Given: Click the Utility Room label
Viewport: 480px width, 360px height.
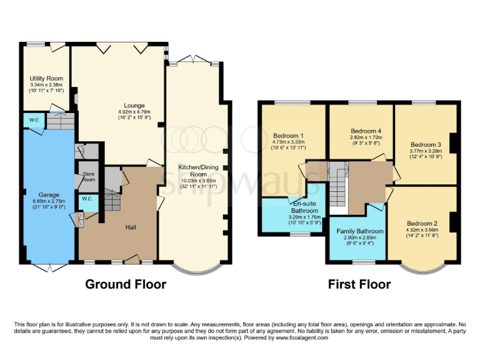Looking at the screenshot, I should pyautogui.click(x=46, y=79).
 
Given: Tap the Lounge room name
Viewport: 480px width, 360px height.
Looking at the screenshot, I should pyautogui.click(x=134, y=105).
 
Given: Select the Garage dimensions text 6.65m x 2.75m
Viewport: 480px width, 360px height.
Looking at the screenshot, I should pyautogui.click(x=46, y=201).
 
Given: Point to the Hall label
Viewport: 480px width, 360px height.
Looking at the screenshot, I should pyautogui.click(x=131, y=227).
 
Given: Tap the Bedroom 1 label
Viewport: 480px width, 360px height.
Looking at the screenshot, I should pyautogui.click(x=289, y=136).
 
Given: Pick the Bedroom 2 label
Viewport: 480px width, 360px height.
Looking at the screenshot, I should pyautogui.click(x=423, y=224).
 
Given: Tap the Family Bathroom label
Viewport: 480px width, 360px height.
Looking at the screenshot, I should pyautogui.click(x=354, y=231).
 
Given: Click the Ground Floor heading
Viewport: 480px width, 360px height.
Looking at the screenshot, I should pyautogui.click(x=125, y=284).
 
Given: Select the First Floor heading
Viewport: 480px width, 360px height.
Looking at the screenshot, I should pyautogui.click(x=359, y=284).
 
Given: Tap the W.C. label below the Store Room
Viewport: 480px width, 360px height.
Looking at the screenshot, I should pyautogui.click(x=87, y=199).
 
